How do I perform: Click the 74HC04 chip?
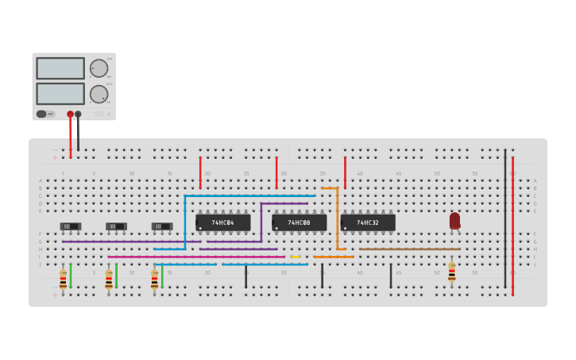click(223, 223)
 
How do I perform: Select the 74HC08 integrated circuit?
click(300, 223)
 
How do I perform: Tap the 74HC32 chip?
click(368, 223)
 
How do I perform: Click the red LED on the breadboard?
click(454, 220)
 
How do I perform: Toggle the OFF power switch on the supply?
click(45, 114)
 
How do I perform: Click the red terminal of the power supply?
click(70, 114)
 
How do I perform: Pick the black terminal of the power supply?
click(78, 114)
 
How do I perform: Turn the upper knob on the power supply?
click(99, 68)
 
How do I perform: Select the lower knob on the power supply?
click(99, 94)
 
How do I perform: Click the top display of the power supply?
click(60, 68)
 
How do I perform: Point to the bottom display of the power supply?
click(60, 94)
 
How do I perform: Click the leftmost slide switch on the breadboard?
click(71, 226)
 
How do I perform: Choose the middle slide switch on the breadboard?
click(117, 226)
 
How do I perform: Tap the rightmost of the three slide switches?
click(162, 226)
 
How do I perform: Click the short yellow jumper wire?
click(296, 257)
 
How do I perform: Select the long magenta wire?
click(195, 257)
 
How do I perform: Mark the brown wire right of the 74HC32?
click(409, 249)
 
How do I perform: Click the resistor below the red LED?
click(452, 273)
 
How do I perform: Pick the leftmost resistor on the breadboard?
click(63, 280)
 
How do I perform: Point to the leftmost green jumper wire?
click(71, 276)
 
